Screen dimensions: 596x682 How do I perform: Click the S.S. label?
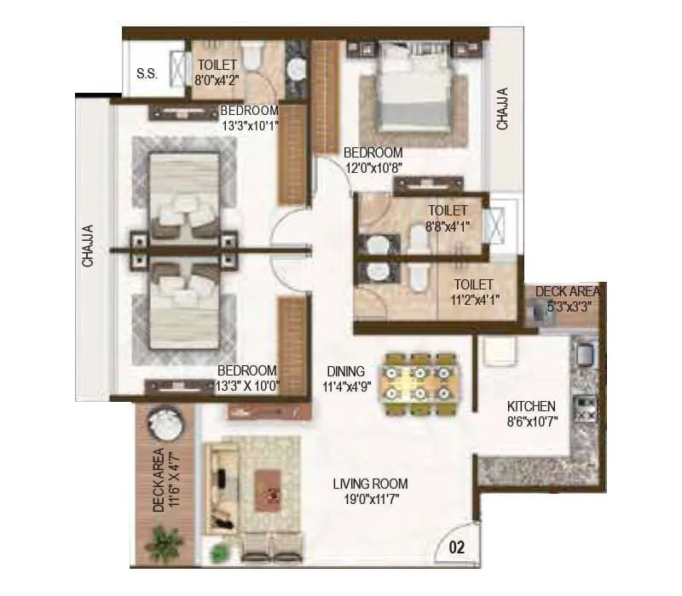146,73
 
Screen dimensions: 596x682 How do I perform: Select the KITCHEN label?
531,406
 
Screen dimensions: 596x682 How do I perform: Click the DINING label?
345,371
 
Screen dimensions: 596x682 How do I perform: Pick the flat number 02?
457,548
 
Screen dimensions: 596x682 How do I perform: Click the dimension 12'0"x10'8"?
373,168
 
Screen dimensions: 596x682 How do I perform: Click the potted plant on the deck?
164,542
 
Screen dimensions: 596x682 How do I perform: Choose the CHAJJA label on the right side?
502,109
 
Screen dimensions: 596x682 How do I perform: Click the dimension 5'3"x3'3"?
564,307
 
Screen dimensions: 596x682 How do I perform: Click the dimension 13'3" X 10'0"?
248,386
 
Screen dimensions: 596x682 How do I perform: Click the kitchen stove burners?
586,407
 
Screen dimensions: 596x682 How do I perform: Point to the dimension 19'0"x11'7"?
367,499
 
